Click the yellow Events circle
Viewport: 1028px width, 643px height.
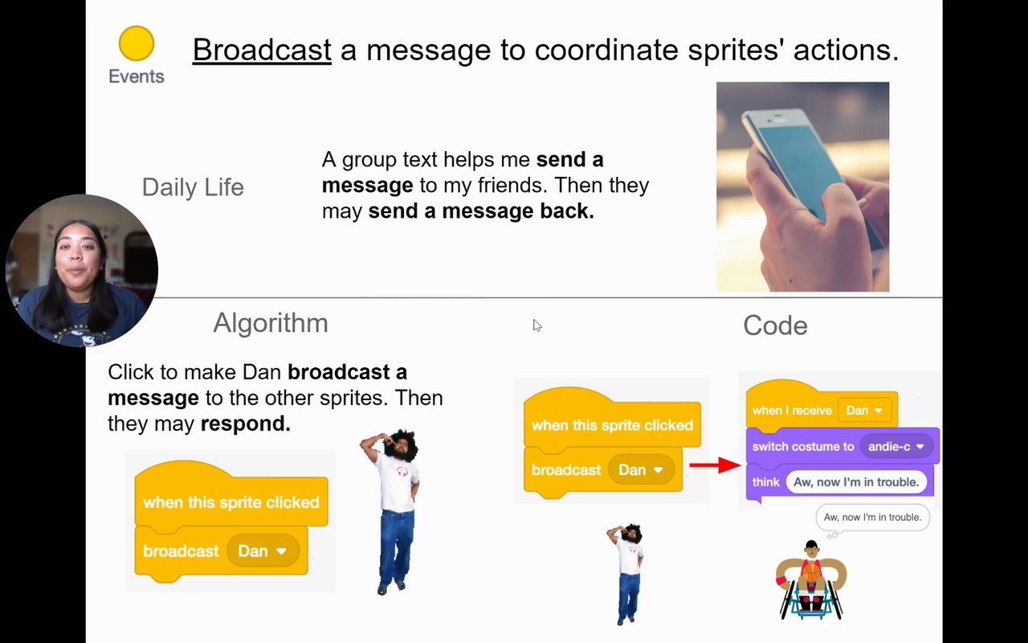pos(137,43)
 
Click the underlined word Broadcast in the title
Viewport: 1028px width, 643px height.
pos(262,50)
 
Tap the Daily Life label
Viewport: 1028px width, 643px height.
pos(193,187)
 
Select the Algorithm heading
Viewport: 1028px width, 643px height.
pos(271,323)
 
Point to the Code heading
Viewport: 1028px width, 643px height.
pos(775,326)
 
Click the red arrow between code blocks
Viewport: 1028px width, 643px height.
pos(715,465)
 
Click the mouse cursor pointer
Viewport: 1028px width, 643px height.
pos(537,326)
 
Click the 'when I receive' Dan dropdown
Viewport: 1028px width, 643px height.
pos(864,410)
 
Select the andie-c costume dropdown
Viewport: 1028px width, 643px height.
pos(895,446)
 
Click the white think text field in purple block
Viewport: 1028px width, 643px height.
pos(856,481)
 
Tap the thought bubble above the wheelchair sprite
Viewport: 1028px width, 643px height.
pos(872,518)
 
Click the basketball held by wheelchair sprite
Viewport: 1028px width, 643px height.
pos(811,572)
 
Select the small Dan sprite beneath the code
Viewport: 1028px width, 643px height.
pos(626,574)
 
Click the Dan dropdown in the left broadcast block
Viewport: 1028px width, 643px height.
pos(263,551)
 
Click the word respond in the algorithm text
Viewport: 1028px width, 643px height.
pos(246,424)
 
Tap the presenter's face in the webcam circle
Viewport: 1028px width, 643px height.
pos(78,260)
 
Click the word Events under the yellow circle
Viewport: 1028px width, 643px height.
pos(137,76)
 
